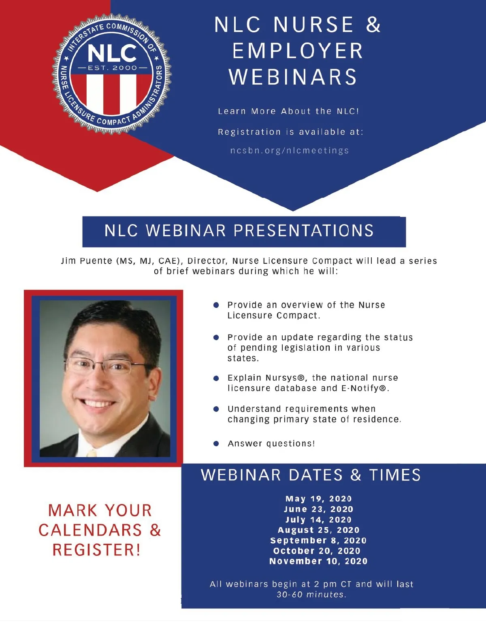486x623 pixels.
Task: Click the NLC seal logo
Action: (112, 74)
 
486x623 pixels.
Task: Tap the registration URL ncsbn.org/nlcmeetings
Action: (290, 150)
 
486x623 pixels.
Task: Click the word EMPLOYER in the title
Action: (298, 51)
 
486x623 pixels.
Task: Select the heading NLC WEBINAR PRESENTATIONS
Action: (239, 230)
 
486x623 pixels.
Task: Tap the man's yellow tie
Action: (92, 453)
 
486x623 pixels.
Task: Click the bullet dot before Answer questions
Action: (216, 444)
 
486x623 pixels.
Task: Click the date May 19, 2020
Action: (318, 499)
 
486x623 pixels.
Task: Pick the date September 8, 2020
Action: (318, 540)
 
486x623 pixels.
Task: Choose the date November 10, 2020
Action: (318, 561)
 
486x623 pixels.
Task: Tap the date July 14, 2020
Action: (318, 519)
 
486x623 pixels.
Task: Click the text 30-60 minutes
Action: (311, 594)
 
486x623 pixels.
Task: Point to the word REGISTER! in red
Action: (96, 550)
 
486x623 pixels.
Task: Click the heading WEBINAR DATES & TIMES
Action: (311, 475)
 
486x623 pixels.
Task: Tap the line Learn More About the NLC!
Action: (288, 111)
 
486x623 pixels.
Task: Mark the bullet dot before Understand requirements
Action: (216, 409)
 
